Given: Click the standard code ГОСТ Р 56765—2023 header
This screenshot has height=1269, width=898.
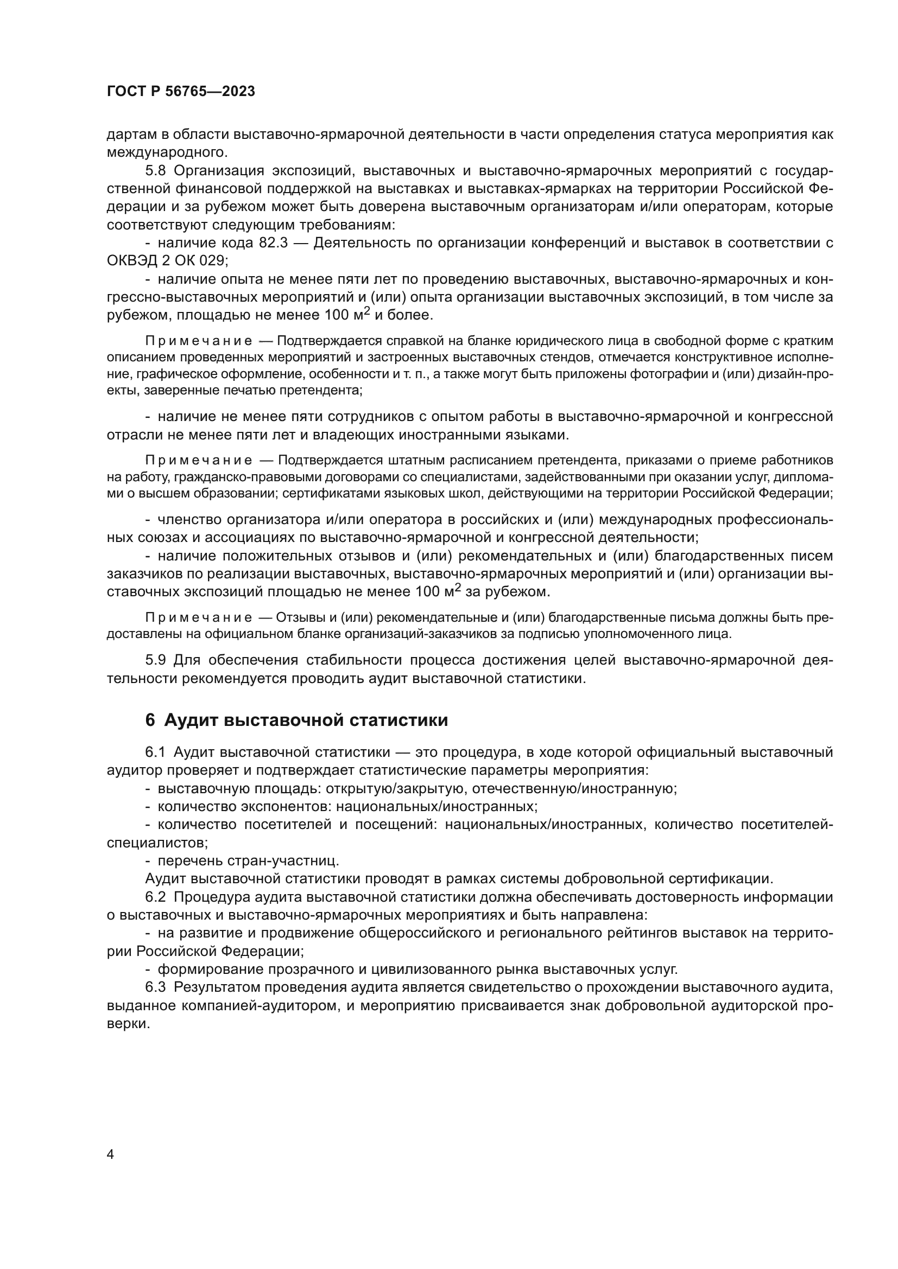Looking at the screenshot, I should (x=181, y=92).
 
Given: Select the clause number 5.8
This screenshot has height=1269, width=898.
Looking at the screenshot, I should (x=156, y=171).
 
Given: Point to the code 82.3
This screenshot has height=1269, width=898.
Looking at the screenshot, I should (x=273, y=243).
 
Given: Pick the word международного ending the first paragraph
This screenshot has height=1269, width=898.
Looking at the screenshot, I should (x=167, y=152).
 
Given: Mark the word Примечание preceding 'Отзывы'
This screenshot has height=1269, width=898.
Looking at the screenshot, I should (x=199, y=617).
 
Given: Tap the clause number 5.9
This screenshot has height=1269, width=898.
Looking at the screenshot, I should (x=156, y=660).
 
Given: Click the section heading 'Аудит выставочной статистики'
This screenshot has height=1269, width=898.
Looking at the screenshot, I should (x=306, y=720).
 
